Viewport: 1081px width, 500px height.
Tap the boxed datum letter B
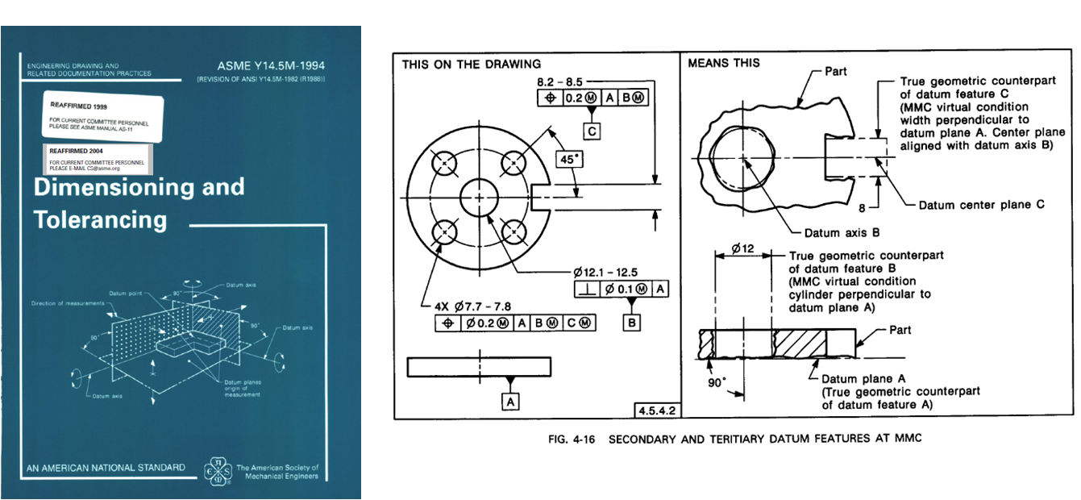coord(631,323)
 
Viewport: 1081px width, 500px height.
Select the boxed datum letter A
coord(509,401)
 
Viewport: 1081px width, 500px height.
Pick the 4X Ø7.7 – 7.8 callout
coord(472,306)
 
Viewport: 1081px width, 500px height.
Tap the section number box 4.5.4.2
coord(656,410)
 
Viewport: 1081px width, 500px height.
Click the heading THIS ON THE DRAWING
coord(472,64)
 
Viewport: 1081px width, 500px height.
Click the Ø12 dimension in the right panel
coord(742,250)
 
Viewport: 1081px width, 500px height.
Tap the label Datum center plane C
coord(982,205)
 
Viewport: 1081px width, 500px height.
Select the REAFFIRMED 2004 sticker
coord(96,159)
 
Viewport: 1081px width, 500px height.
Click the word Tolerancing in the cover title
coord(100,219)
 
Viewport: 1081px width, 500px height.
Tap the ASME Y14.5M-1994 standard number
coord(271,65)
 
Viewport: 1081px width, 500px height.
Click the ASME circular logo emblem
coord(218,471)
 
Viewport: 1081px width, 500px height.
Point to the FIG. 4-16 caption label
coord(563,439)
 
